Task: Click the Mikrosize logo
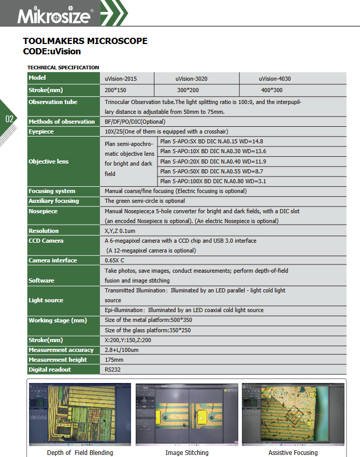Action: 54,14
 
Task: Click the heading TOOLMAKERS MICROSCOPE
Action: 85,41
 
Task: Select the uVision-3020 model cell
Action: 191,79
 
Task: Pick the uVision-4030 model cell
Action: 275,79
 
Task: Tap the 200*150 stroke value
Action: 116,90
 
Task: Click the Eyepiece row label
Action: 41,131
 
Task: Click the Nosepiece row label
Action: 43,211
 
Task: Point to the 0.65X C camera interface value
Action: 114,260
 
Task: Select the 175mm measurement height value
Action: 114,360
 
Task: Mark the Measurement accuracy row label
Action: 61,350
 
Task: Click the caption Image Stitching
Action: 187,452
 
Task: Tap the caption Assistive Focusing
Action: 293,452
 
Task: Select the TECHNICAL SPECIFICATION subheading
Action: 63,67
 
